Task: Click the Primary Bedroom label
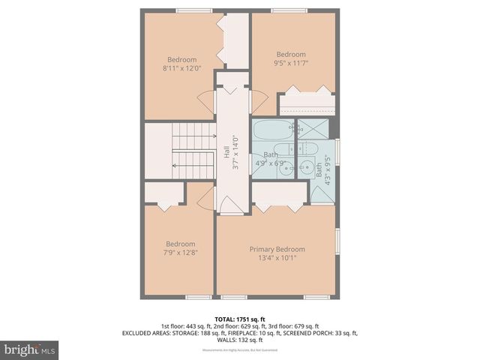(x=277, y=249)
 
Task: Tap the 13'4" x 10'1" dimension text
(x=277, y=258)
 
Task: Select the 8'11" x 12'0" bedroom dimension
(x=181, y=69)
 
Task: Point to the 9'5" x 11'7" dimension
(x=291, y=63)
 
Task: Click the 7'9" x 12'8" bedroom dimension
(x=181, y=253)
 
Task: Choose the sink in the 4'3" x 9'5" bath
(x=309, y=166)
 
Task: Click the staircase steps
(x=193, y=150)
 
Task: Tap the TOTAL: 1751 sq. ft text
(x=240, y=318)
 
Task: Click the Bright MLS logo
(x=30, y=349)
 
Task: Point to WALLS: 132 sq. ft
(x=240, y=340)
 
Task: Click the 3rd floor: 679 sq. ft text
(x=294, y=326)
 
